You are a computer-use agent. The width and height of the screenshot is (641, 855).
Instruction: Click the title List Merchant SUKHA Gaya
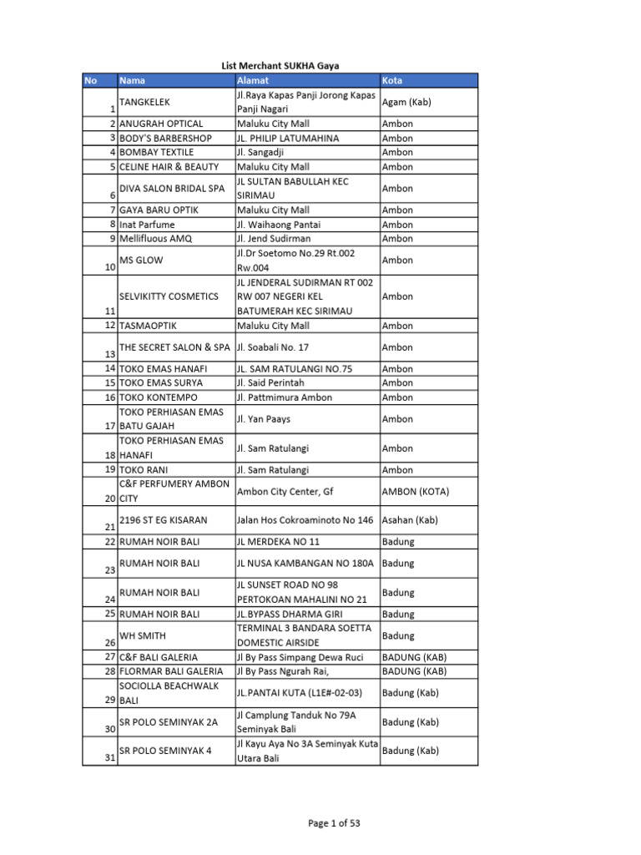click(280, 65)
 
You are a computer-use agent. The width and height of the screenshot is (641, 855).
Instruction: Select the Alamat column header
click(252, 80)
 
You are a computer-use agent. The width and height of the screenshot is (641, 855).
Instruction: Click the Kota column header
click(392, 80)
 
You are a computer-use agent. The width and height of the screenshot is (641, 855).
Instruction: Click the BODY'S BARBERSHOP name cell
click(165, 138)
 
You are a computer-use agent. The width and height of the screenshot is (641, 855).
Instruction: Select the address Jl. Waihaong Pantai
click(279, 225)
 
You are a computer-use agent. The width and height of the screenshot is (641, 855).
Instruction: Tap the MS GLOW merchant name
click(139, 261)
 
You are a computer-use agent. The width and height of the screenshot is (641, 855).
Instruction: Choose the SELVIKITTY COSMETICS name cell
click(169, 296)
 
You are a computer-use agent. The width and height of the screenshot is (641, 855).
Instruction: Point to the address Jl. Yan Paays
click(264, 419)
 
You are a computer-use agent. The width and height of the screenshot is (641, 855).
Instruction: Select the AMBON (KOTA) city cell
click(416, 492)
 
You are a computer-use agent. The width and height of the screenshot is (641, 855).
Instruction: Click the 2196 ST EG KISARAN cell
click(164, 520)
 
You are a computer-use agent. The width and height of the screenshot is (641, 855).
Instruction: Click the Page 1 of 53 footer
click(334, 823)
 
